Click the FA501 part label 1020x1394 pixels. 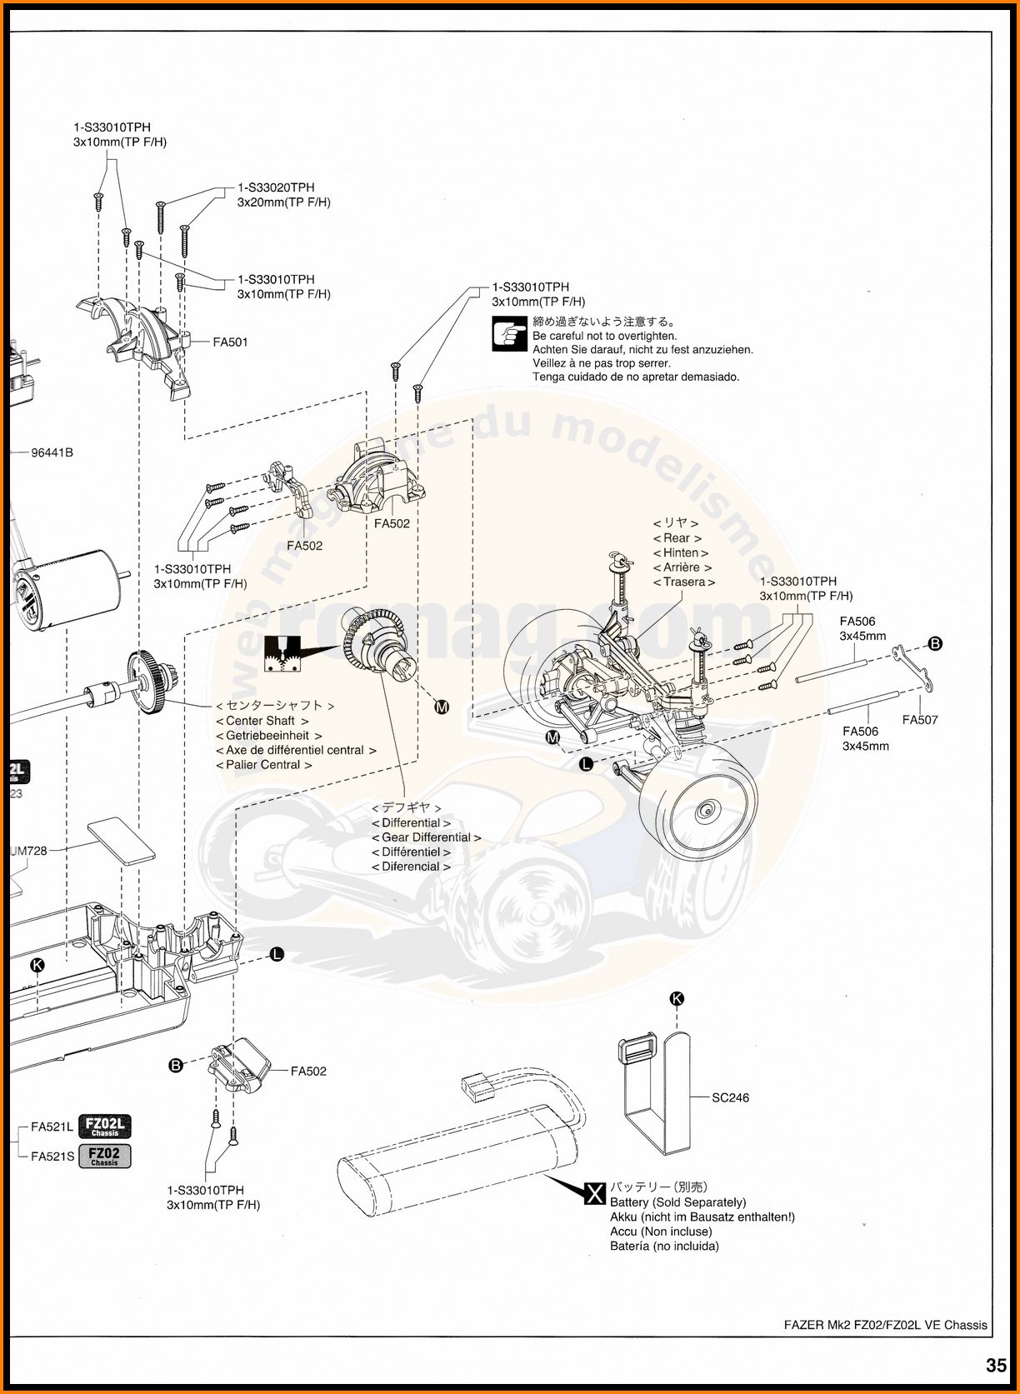(x=230, y=342)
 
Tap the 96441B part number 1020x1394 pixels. (x=52, y=452)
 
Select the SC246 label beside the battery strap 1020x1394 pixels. (x=730, y=1097)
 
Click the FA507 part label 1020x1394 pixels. (x=920, y=720)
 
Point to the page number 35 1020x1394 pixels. (x=996, y=1365)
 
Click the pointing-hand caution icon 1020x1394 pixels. (x=509, y=333)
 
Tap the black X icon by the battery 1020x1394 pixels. (x=594, y=1193)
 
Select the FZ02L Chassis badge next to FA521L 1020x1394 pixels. (x=105, y=1127)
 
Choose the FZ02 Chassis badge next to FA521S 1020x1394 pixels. (x=105, y=1156)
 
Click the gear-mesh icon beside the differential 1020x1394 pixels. (x=282, y=654)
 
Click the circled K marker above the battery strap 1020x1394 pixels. (x=677, y=998)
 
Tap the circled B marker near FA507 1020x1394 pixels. (x=935, y=643)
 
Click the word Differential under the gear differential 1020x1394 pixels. (x=411, y=822)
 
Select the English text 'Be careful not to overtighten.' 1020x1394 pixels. (x=605, y=336)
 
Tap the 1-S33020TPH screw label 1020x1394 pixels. (x=276, y=187)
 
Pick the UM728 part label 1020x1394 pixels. (x=29, y=851)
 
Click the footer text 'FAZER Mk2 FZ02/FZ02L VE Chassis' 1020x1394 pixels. (x=885, y=1325)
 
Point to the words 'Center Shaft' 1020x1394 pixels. (x=261, y=721)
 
